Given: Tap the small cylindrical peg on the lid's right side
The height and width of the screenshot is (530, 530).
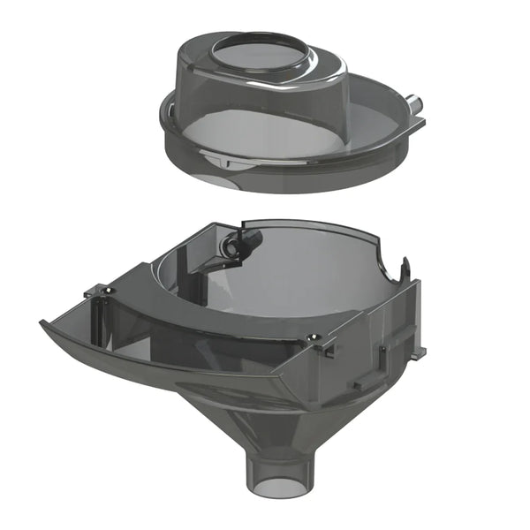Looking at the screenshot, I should click(x=416, y=103).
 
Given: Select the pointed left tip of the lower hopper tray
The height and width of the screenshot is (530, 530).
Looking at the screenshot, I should click(x=44, y=323).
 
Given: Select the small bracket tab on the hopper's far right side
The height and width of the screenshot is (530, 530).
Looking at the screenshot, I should click(x=418, y=352).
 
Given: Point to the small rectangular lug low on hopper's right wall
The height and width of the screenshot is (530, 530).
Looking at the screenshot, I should click(x=358, y=385).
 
